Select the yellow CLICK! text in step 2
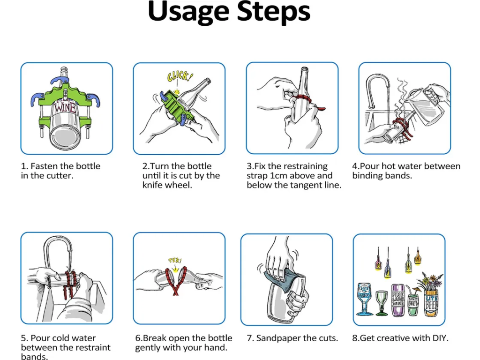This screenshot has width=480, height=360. pyautogui.click(x=179, y=77)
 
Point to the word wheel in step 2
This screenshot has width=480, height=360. pyautogui.click(x=179, y=185)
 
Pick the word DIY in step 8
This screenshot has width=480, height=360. pyautogui.click(x=439, y=338)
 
